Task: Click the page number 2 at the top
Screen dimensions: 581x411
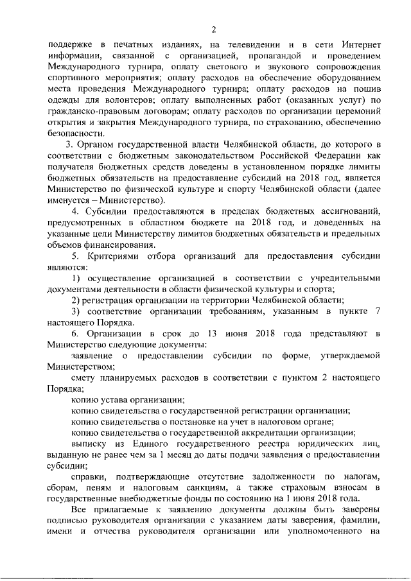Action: pos(214,28)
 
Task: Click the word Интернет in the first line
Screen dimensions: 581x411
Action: pos(359,46)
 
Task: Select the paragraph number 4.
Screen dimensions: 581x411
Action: pos(75,211)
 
